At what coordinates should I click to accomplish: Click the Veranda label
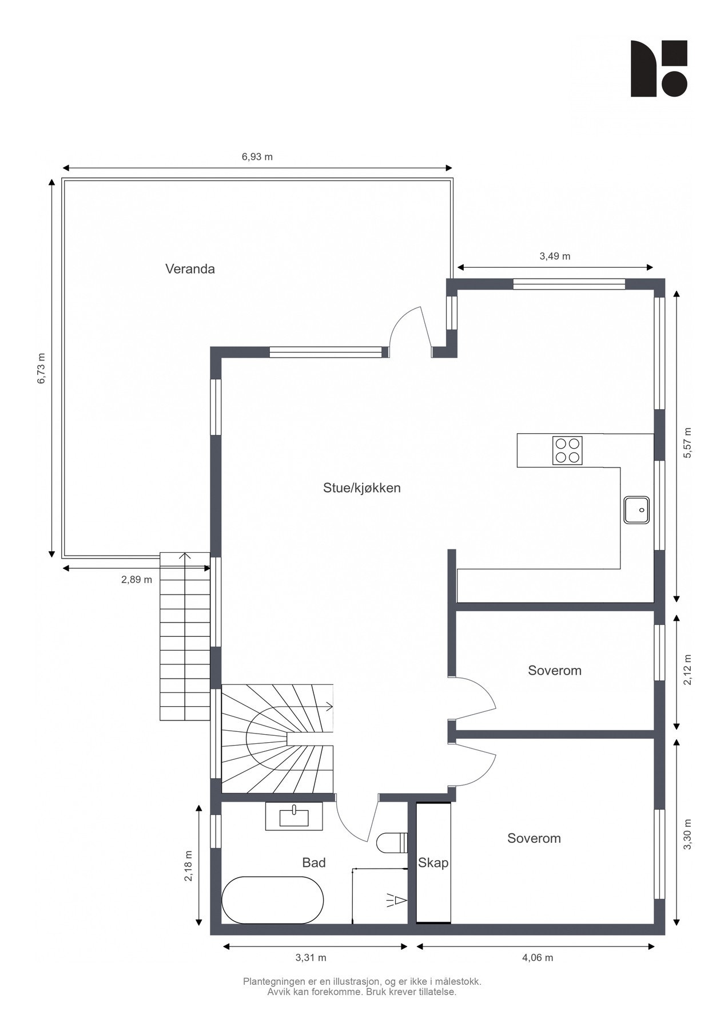(x=190, y=269)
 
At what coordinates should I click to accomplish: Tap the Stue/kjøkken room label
(x=361, y=488)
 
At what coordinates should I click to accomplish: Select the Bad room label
(x=314, y=862)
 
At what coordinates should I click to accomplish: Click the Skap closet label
(x=433, y=862)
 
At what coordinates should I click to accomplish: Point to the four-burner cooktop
(x=567, y=450)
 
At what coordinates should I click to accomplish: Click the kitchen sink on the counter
(x=636, y=509)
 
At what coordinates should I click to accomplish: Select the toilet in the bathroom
(x=391, y=843)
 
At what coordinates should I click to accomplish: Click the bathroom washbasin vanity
(x=294, y=817)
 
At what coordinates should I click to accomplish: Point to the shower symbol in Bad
(x=396, y=901)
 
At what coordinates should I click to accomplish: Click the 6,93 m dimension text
(x=257, y=157)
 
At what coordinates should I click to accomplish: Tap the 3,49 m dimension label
(x=555, y=256)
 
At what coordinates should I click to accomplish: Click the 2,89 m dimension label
(x=136, y=580)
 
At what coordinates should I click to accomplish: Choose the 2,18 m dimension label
(x=188, y=866)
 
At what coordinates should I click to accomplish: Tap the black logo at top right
(x=658, y=68)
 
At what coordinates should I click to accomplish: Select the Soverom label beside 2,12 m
(x=554, y=671)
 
